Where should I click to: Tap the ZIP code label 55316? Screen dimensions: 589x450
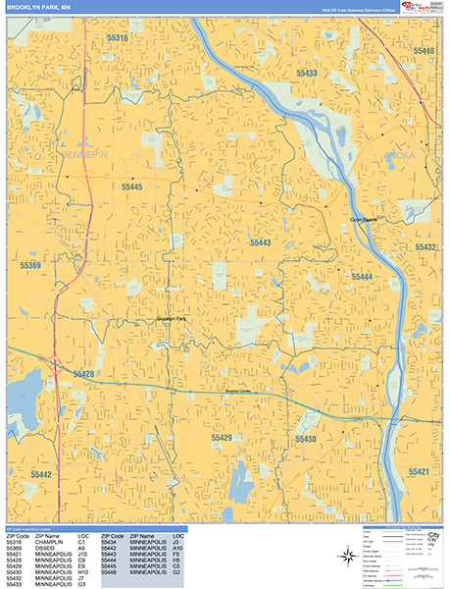tap(117, 37)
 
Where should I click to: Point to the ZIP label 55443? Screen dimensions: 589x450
tap(260, 241)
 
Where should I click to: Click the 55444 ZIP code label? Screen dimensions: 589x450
tap(362, 278)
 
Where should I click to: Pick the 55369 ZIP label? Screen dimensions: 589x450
tap(30, 266)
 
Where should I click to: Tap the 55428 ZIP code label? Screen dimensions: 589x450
tap(83, 374)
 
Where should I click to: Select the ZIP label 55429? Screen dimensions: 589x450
tap(223, 437)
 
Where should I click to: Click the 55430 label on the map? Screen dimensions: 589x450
tap(307, 439)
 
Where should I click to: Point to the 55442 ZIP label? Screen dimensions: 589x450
tap(41, 474)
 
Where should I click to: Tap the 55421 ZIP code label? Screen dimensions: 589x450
tap(420, 472)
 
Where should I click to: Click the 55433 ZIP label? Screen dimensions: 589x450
tap(308, 74)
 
